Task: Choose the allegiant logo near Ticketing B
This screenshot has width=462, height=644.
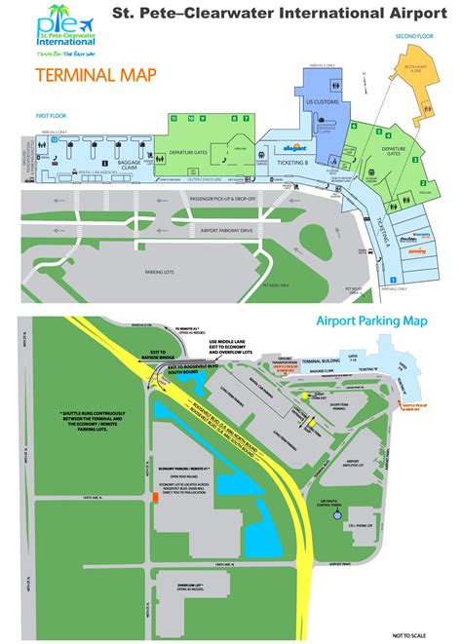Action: click(x=291, y=148)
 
